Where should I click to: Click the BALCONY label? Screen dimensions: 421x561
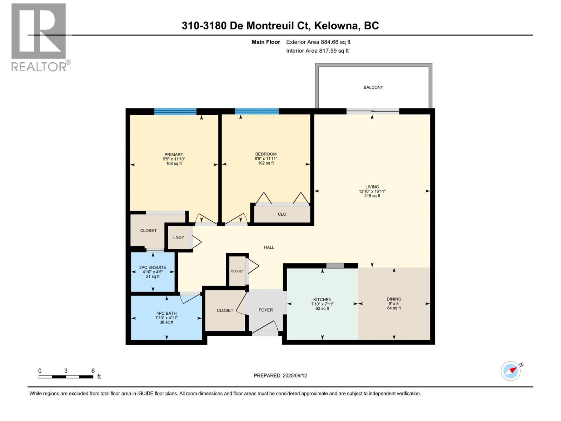[x=373, y=87]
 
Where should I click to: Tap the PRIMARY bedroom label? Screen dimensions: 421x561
[x=174, y=155]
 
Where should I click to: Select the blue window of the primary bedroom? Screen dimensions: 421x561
[x=175, y=112]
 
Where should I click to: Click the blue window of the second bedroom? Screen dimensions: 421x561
[x=257, y=112]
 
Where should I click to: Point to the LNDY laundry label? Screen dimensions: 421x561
[x=178, y=238]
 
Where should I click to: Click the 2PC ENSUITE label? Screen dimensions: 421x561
[x=153, y=267]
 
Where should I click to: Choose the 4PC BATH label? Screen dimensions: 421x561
[x=167, y=313]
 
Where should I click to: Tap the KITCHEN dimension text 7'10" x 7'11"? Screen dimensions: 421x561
[x=322, y=304]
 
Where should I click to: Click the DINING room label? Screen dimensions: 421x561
[x=394, y=299]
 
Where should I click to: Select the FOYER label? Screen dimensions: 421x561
[x=265, y=310]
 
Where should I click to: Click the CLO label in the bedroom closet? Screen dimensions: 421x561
[x=282, y=214]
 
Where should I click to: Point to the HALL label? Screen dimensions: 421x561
[x=269, y=247]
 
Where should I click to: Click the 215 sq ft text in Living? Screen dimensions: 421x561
[x=372, y=196]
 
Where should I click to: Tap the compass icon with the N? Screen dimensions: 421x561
[x=511, y=371]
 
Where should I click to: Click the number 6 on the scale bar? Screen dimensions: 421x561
[x=93, y=371]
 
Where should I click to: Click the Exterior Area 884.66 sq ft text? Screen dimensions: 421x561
[x=318, y=42]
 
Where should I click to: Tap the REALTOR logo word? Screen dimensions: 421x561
[x=39, y=66]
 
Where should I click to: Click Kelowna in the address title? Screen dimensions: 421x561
[x=337, y=26]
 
